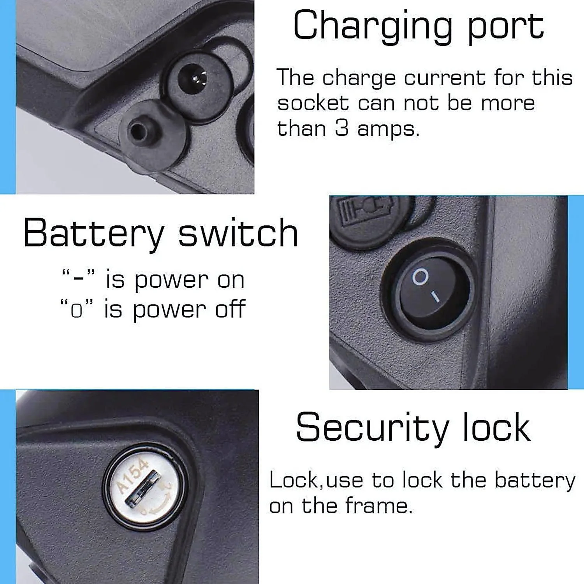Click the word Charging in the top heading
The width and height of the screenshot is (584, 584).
point(372,26)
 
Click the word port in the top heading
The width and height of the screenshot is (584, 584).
point(505,26)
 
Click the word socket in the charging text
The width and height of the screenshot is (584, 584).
point(313,103)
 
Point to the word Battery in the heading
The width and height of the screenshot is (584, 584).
point(93,234)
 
